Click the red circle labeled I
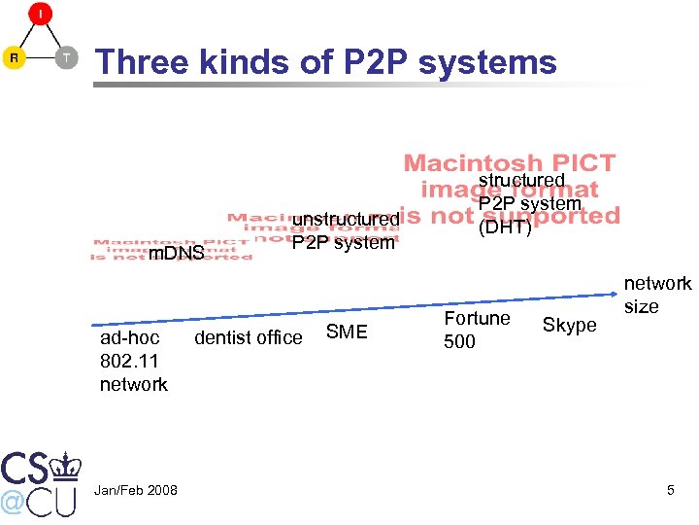pos(40,15)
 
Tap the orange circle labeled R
pos(15,57)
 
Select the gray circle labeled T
pos(66,57)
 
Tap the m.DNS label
pos(175,254)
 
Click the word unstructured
pos(346,220)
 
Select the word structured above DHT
pos(521,181)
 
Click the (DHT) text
pos(505,227)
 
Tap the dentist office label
pos(249,337)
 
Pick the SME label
pos(347,332)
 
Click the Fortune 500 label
pos(477,330)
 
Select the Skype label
pos(569,326)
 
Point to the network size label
pos(657,295)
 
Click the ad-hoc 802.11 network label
pos(134,361)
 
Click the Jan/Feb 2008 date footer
pos(135,490)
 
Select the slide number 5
pos(670,490)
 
